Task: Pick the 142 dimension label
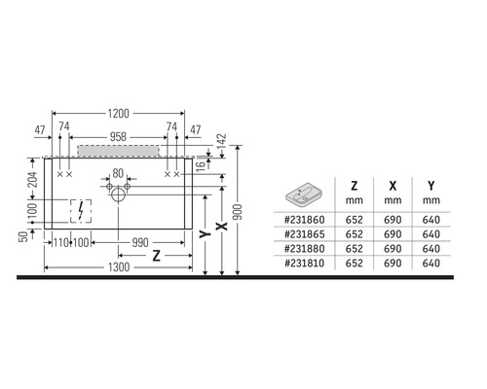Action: [x=221, y=142]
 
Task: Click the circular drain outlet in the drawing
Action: [x=118, y=194]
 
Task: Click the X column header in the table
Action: [x=392, y=184]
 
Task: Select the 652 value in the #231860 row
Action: [x=355, y=220]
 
